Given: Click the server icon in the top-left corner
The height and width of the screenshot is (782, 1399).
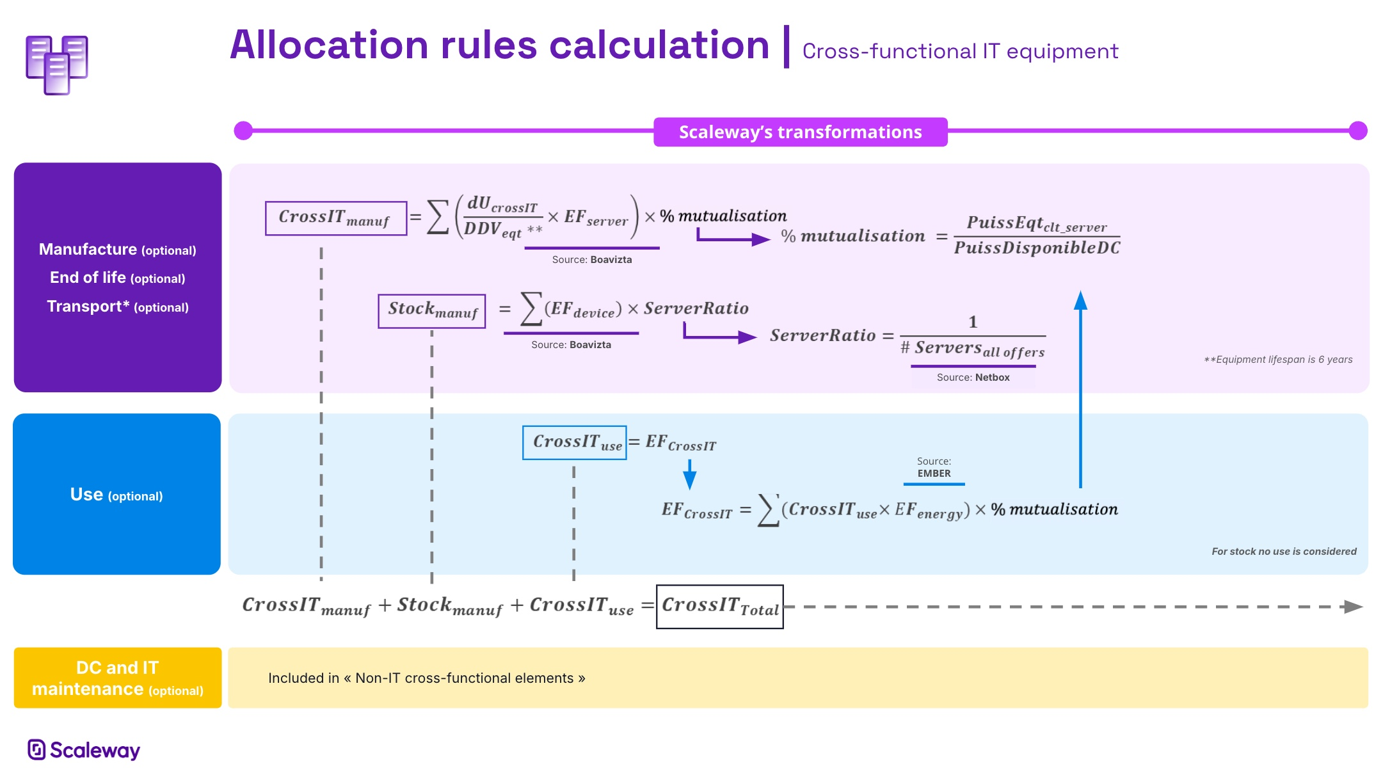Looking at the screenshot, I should coord(57,65).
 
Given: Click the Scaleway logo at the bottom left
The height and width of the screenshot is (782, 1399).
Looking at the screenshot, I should coord(84,749).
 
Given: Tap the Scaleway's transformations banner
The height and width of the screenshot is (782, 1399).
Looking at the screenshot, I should coord(800,132).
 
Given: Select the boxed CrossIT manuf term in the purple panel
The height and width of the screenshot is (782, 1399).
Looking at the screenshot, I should coord(336,218).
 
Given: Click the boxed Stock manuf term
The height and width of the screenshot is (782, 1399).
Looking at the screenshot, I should coord(432,311).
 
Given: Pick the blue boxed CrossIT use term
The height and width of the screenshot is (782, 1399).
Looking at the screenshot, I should coord(575,443).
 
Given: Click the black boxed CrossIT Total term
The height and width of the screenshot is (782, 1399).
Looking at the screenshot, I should coord(720,607).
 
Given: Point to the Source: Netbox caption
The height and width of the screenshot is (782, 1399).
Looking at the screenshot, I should coord(973,378).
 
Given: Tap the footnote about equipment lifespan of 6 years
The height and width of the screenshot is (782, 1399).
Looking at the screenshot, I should coord(1278,360).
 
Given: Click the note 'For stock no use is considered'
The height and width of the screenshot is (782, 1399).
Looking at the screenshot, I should coord(1283,552).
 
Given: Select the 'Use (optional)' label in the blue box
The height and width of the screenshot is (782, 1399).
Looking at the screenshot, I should coord(116,495).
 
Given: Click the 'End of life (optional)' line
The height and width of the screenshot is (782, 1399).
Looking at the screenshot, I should coord(118,278).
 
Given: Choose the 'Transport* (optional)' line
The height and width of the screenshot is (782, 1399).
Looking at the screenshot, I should coord(118,307).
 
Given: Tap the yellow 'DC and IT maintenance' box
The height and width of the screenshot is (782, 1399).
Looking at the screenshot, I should coord(118,678).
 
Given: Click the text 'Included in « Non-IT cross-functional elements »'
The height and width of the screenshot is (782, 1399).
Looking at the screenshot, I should coord(426,678).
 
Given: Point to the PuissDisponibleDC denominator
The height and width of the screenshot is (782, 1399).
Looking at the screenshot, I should coord(1037,248).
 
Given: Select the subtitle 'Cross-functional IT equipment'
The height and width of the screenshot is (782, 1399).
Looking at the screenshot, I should coord(960,51).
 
